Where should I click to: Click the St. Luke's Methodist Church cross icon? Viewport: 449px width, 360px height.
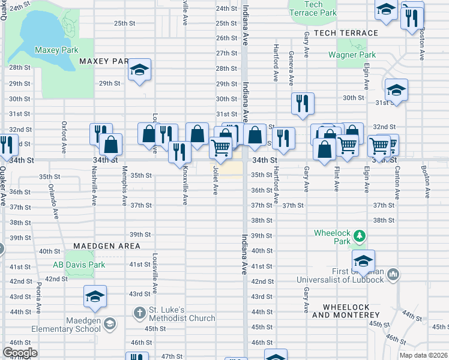coord(139,312)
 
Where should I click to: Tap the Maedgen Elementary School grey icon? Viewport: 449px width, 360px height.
coord(109,325)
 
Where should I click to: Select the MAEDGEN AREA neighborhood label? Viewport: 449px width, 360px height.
coord(107,246)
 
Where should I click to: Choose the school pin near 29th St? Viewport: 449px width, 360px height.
coord(139,70)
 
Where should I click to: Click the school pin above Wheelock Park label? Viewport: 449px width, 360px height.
coord(363,262)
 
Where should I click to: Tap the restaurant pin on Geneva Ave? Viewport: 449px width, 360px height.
coord(303,103)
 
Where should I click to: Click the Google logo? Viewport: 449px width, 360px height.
coord(20,352)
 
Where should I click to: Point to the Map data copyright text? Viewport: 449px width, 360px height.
coord(423,355)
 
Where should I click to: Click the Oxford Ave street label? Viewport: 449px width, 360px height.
coord(63,137)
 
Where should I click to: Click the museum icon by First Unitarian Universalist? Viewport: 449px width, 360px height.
coord(393,274)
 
